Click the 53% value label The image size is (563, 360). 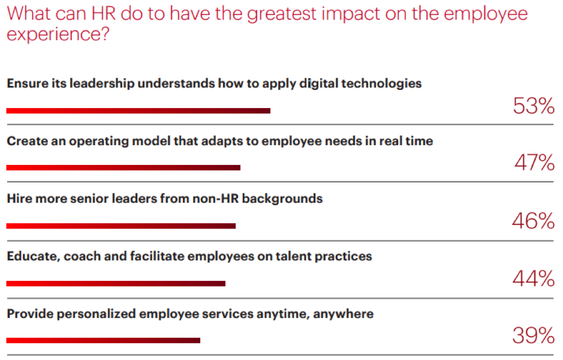click(534, 106)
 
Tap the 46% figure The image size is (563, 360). click(533, 221)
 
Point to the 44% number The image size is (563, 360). click(533, 278)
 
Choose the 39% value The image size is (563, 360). click(533, 336)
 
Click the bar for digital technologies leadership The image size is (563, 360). click(138, 110)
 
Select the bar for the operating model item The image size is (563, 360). click(123, 168)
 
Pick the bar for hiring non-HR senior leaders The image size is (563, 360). click(121, 226)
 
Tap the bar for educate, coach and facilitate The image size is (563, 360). click(116, 283)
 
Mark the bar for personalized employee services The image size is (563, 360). click(103, 341)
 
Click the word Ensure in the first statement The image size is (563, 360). click(26, 83)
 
